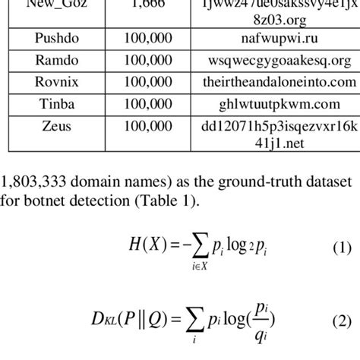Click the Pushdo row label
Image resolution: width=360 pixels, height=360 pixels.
[52, 37]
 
